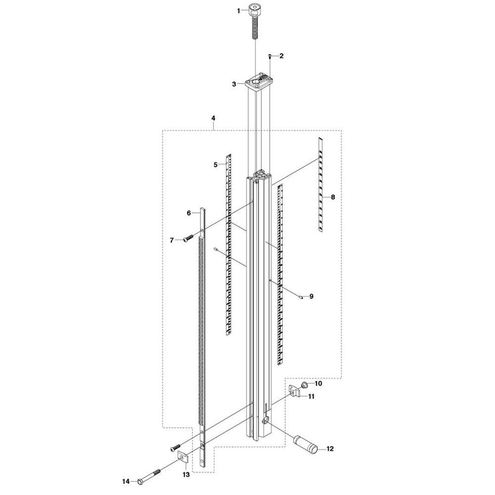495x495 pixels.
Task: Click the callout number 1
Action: pyautogui.click(x=239, y=11)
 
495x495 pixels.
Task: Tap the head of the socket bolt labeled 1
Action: pyautogui.click(x=254, y=10)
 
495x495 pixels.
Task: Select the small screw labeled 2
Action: pyautogui.click(x=270, y=56)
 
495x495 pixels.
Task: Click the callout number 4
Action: pyautogui.click(x=213, y=118)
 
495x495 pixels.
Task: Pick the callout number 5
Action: pyautogui.click(x=216, y=164)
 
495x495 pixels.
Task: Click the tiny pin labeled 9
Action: pyautogui.click(x=301, y=297)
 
